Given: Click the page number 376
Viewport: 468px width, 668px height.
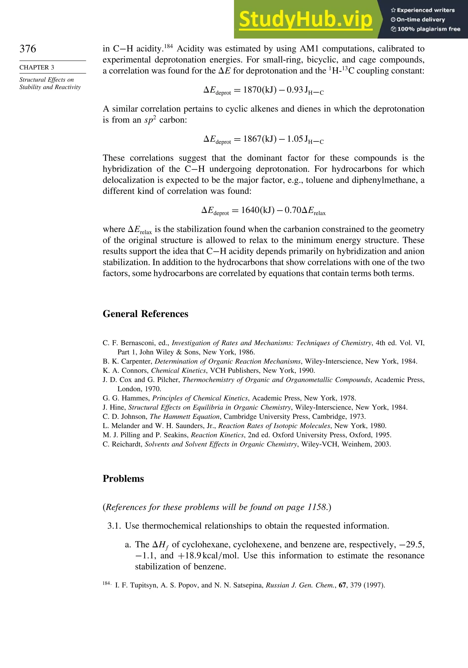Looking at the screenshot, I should tap(28, 49).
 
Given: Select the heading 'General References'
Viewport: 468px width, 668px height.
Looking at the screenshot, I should tap(145, 314).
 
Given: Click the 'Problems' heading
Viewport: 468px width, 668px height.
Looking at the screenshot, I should tap(123, 479).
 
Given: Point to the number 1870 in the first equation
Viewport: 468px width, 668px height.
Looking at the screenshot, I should tap(253, 90).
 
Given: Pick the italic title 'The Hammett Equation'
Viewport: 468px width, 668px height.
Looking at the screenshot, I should tap(185, 416).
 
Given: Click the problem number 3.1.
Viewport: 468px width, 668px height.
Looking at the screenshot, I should tap(114, 526).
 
